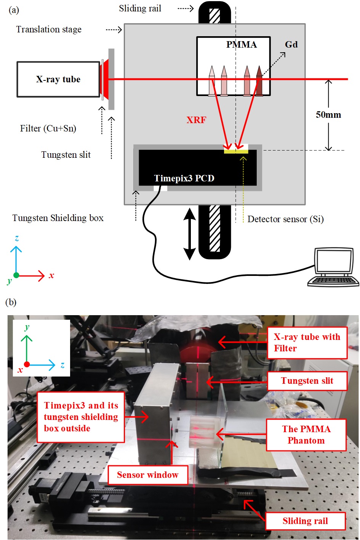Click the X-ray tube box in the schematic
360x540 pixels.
coord(58,79)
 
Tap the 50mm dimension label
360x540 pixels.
coord(328,115)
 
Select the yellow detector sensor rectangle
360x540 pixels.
coord(236,151)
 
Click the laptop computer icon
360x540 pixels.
coord(333,268)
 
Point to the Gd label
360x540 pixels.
coord(291,45)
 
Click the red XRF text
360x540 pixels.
coord(196,120)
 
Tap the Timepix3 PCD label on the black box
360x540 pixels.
coord(184,178)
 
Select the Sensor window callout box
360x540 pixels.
coord(148,475)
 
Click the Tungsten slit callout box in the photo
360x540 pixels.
coord(307,381)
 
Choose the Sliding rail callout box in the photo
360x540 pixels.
coord(305,521)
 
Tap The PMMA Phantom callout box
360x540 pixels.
coord(306,435)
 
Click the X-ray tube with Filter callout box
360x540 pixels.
coord(307,343)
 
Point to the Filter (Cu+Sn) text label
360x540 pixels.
coord(48,128)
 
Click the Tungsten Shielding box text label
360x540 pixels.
coord(58,218)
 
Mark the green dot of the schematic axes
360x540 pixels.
coord(16,275)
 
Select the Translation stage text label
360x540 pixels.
coord(49,29)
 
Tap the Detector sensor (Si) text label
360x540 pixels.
coord(285,219)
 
